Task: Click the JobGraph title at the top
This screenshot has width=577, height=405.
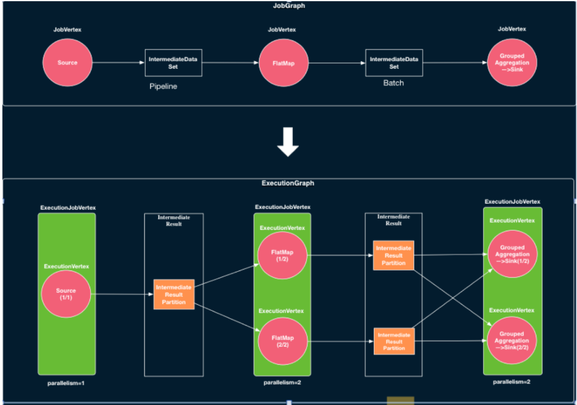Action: pos(289,6)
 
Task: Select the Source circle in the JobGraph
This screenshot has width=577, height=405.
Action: pos(67,63)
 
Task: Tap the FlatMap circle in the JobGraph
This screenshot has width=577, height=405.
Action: pos(284,63)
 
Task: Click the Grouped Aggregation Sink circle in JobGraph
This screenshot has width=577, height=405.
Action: pos(512,63)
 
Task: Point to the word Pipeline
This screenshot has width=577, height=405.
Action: pos(163,86)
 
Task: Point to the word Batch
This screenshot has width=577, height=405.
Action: pos(393,83)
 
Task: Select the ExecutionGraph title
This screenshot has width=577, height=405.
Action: pos(288,183)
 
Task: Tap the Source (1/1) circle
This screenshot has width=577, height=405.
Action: pos(66,294)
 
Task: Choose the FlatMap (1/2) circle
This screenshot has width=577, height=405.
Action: pos(283,255)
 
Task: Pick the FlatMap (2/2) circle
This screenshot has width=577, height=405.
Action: pos(283,341)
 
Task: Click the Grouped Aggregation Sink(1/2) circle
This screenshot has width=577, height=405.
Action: pos(512,254)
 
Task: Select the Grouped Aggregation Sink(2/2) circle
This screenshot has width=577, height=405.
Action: pos(512,341)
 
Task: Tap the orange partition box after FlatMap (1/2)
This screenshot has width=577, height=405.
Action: pos(394,255)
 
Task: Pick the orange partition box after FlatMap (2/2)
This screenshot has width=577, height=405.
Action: pos(394,340)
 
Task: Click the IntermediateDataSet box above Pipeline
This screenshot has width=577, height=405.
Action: pos(174,63)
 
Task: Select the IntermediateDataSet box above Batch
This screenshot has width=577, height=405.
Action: pos(394,63)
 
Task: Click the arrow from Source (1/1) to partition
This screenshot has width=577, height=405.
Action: pos(122,294)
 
